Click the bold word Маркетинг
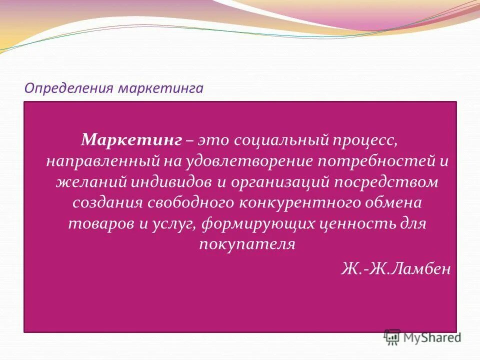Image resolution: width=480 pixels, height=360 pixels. pos(131,139)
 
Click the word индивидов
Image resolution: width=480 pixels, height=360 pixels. pos(172,182)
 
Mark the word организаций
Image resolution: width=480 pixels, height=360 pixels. pos(279,182)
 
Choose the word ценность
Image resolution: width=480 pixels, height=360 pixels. pos(356,223)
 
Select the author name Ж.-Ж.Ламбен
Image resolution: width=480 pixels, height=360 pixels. pos(396,269)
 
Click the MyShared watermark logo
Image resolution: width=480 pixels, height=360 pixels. pos(423,336)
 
